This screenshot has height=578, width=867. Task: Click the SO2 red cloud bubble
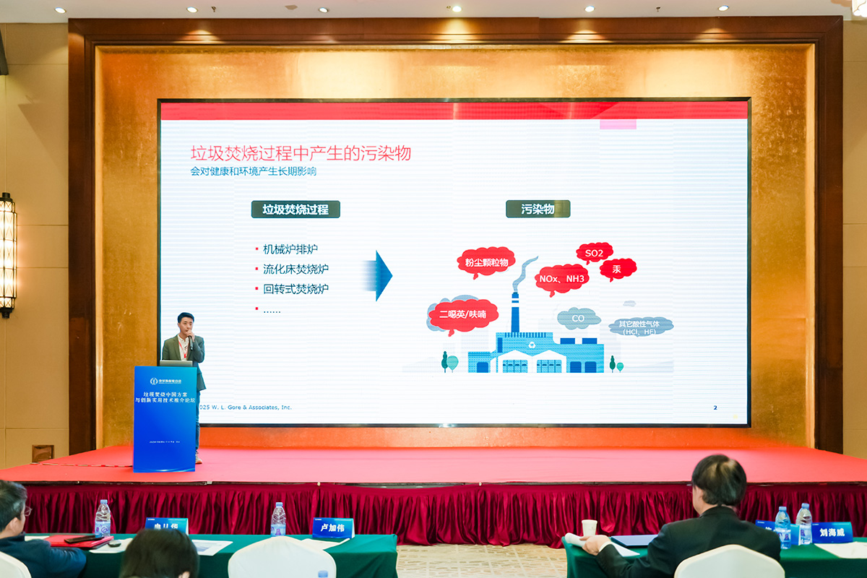click(594, 252)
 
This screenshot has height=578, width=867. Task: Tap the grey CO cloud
click(578, 318)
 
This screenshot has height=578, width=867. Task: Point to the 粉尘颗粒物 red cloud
click(486, 262)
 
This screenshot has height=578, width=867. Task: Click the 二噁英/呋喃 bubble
click(462, 314)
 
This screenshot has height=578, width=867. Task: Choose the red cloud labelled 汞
click(617, 269)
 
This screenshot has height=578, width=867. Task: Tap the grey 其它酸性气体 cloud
click(641, 326)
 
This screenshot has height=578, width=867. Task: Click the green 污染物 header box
click(538, 209)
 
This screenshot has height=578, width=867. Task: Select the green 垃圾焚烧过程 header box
click(296, 210)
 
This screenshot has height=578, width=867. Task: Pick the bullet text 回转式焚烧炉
click(296, 288)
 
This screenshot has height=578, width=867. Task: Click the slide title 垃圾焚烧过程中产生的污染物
click(301, 153)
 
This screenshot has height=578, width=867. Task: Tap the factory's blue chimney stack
click(515, 312)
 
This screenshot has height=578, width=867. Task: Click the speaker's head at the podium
click(185, 321)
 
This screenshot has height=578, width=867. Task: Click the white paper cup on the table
click(589, 528)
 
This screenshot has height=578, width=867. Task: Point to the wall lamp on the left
click(7, 253)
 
